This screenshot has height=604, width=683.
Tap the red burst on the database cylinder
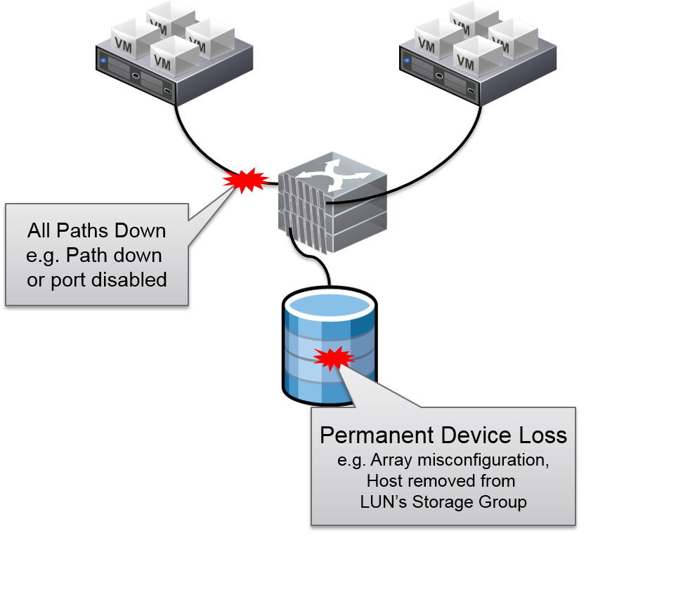334,358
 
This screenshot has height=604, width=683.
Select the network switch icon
333,204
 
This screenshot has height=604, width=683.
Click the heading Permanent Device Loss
443,435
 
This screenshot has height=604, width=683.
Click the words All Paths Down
97,230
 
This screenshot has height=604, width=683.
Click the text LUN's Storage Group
443,501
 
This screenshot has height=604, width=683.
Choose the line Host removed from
441,481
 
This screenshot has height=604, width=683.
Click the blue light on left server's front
104,60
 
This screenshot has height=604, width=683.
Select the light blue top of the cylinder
330,306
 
